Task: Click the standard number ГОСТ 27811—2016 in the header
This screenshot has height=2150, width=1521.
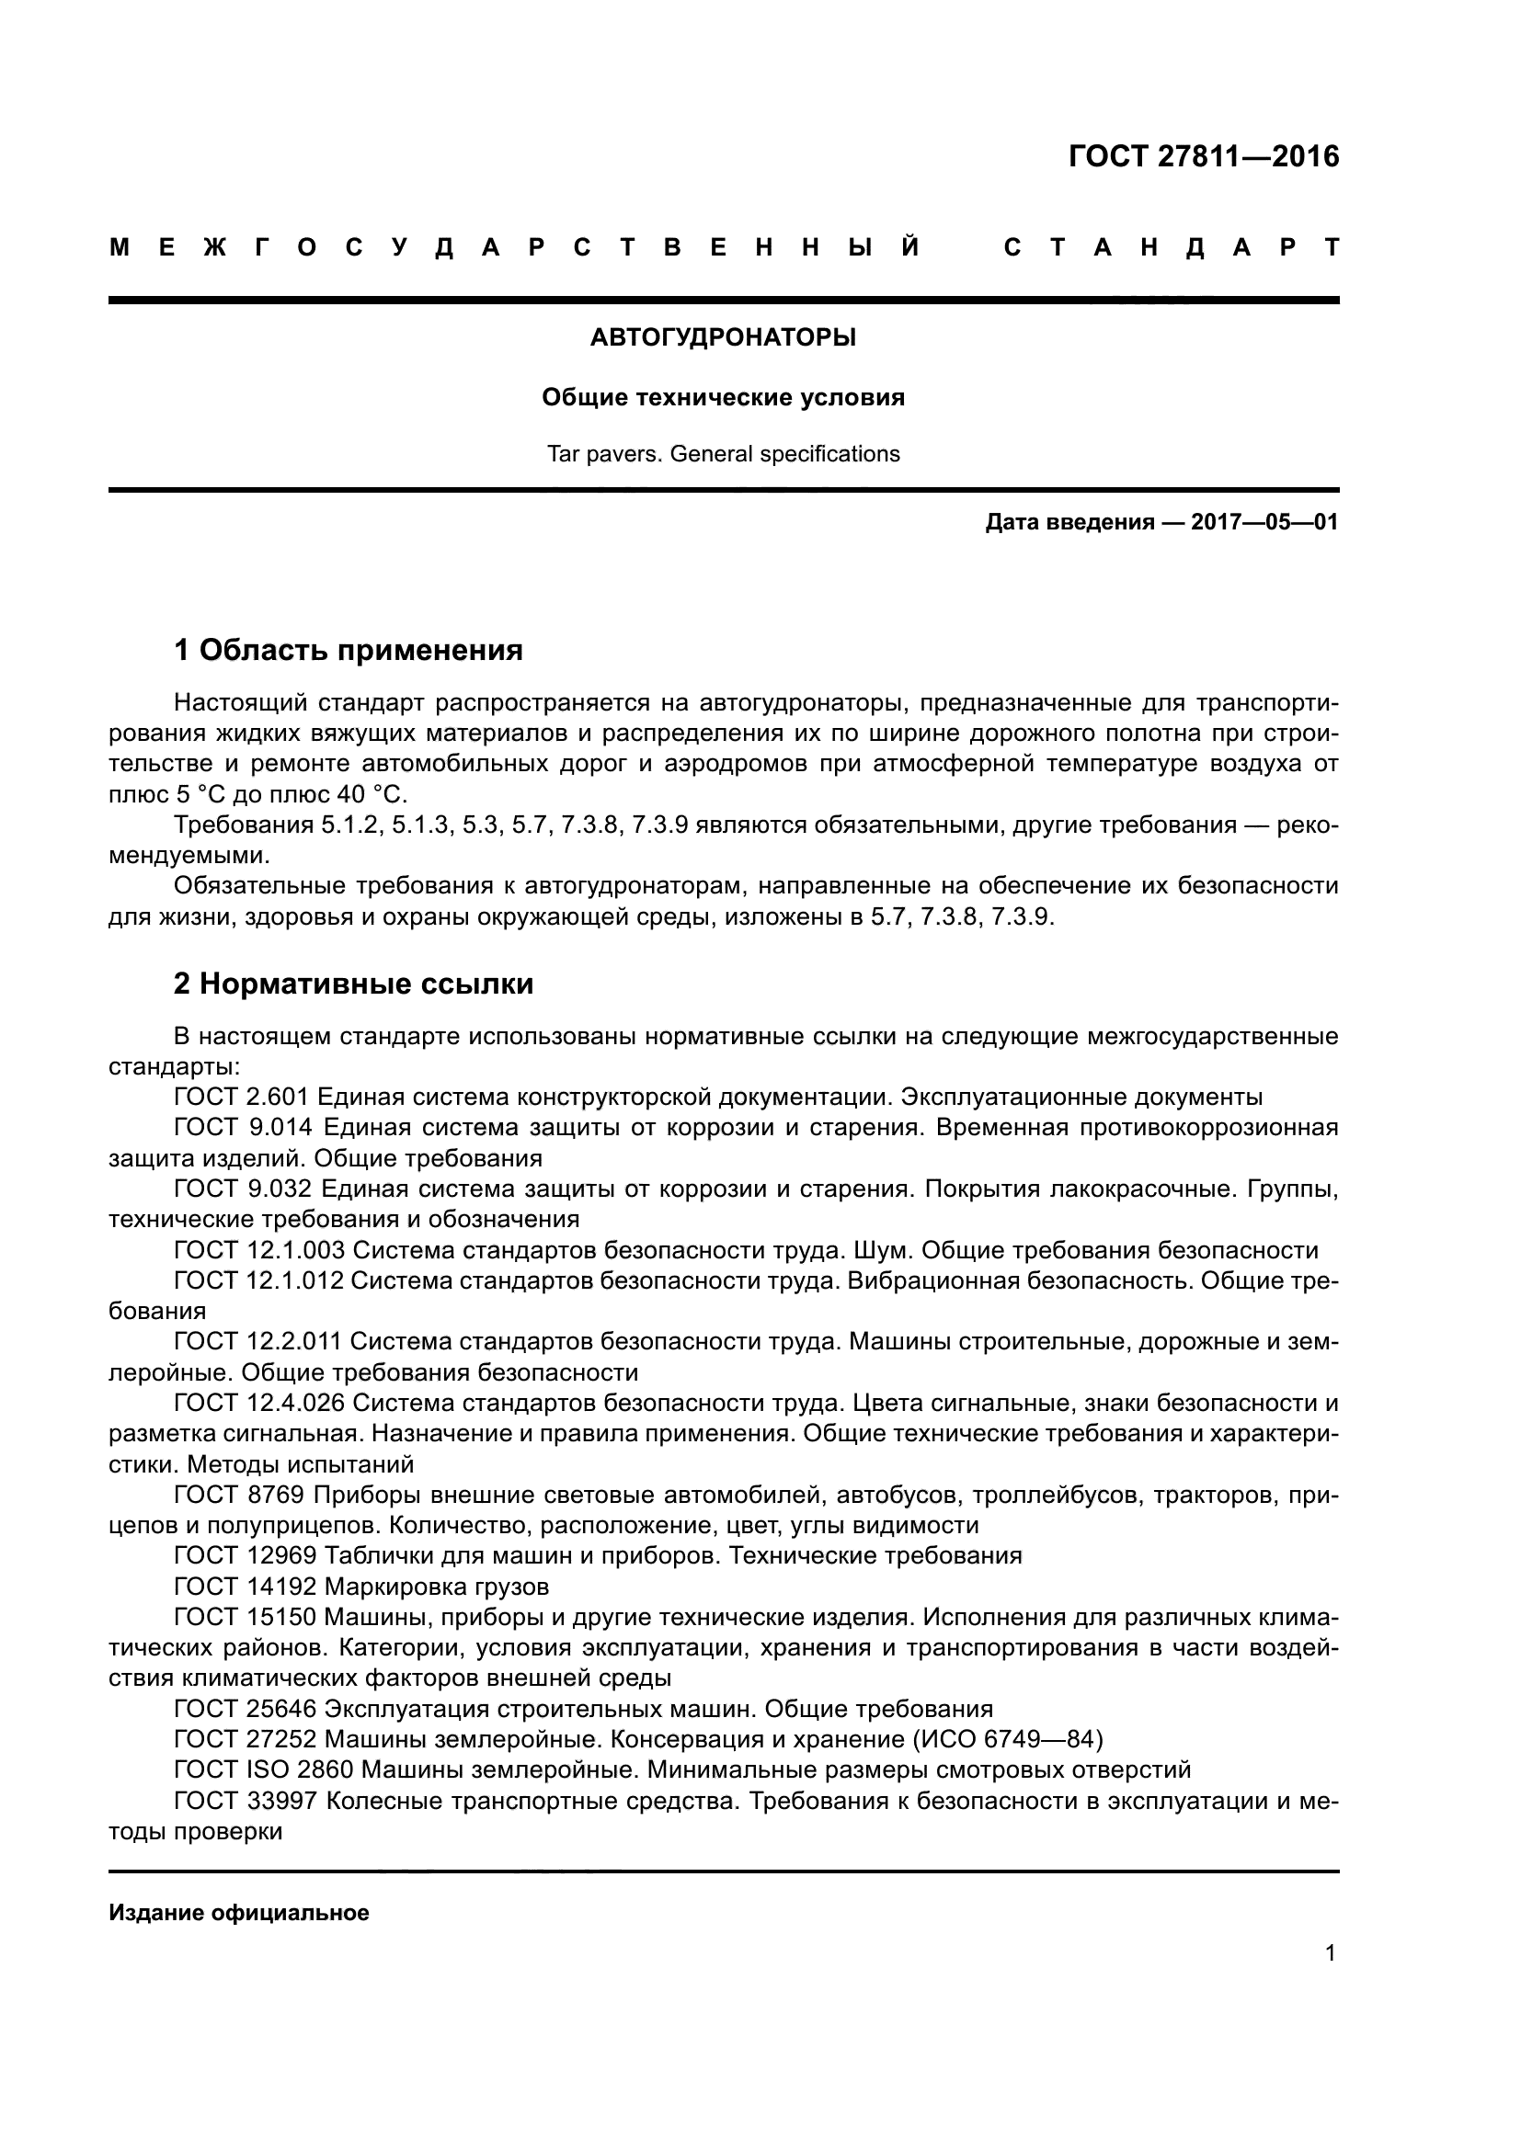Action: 1204,156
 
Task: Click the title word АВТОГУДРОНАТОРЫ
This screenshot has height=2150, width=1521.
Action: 723,338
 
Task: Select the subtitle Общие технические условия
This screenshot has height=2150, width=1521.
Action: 723,398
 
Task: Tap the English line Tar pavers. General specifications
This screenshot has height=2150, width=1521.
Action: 723,454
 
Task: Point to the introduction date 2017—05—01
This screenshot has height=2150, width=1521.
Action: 1264,522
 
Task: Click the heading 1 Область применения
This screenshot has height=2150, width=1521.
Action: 349,650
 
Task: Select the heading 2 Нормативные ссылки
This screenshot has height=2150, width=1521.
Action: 354,984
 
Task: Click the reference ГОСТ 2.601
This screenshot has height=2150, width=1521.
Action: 242,1098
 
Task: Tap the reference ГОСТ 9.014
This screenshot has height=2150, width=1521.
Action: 242,1128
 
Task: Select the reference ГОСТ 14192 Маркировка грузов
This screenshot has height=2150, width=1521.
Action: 361,1587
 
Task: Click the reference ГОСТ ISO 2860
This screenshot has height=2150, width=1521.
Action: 263,1769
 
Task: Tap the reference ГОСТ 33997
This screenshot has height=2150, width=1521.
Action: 246,1801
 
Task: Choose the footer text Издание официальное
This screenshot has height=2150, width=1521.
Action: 239,1913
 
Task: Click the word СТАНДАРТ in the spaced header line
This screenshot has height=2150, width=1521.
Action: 1171,248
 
